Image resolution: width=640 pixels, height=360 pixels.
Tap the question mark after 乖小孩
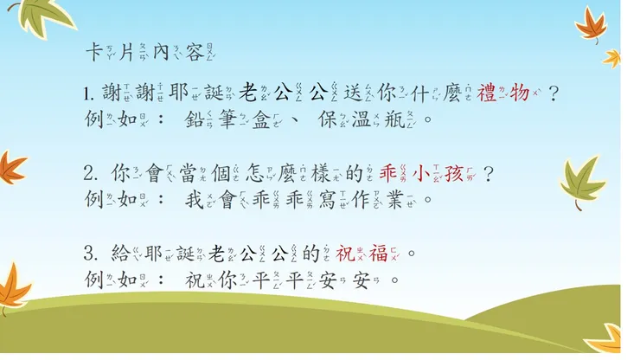(489, 173)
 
